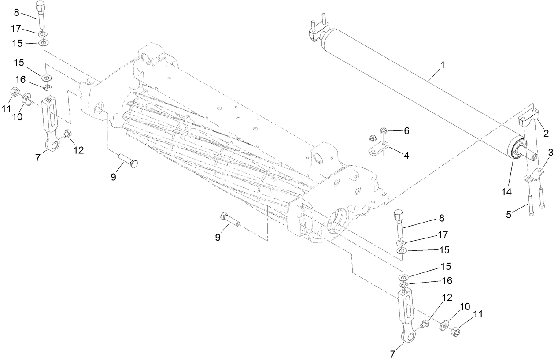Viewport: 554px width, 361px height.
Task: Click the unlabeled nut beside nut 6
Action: click(x=372, y=137)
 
